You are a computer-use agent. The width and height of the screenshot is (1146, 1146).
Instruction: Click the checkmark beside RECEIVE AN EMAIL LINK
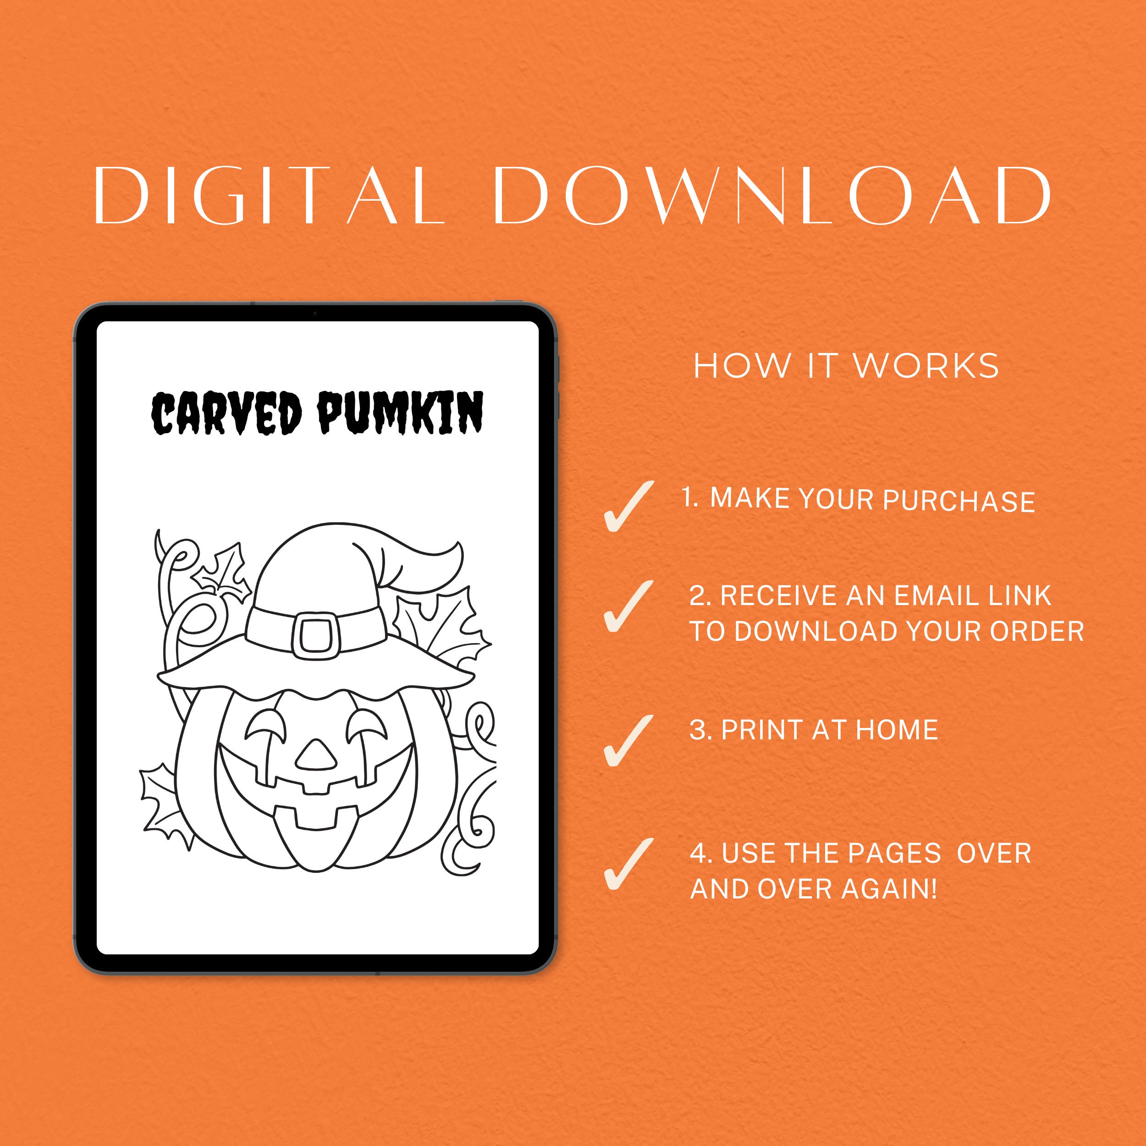[627, 606]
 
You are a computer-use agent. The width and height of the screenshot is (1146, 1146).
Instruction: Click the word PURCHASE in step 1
[959, 501]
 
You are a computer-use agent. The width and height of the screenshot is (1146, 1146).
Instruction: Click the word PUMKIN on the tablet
[400, 412]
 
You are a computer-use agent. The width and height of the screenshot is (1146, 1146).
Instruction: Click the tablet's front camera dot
[315, 312]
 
